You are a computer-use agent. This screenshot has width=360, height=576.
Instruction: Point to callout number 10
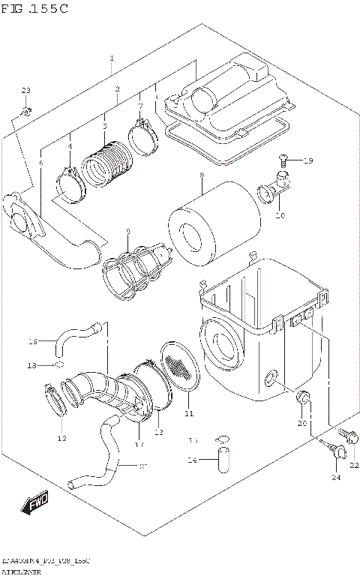pyautogui.click(x=280, y=215)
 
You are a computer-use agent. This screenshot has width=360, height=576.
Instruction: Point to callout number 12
pyautogui.click(x=61, y=438)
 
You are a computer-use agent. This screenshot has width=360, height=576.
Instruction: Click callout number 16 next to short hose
pyautogui.click(x=31, y=341)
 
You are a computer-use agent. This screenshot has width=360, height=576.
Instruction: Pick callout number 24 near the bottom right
pyautogui.click(x=335, y=477)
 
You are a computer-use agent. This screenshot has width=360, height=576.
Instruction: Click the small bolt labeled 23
pyautogui.click(x=25, y=112)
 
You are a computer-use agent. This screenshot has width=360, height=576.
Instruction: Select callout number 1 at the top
pyautogui.click(x=112, y=58)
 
